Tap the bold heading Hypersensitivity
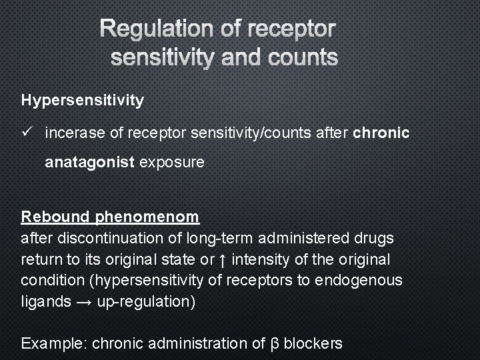(83, 101)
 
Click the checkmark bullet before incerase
(27, 133)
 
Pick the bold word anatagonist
(90, 163)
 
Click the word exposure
(172, 163)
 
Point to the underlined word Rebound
(55, 217)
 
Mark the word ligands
(46, 301)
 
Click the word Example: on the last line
(54, 344)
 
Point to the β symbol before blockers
(275, 344)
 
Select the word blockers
(313, 344)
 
